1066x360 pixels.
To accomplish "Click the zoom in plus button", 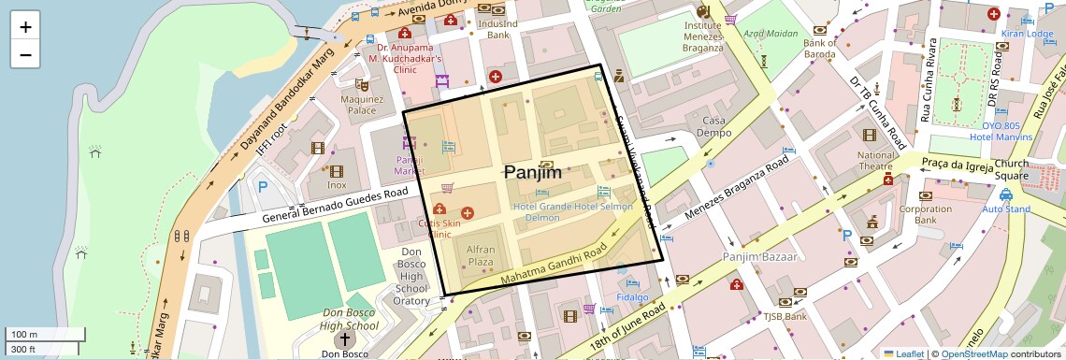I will click(25, 27).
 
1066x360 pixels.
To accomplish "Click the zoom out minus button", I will click(25, 55).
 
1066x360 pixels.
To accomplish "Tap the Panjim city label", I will click(533, 172).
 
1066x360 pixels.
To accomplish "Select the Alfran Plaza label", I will click(480, 256).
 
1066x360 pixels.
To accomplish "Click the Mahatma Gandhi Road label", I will click(554, 264).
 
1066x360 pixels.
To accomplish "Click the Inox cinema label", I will click(336, 185).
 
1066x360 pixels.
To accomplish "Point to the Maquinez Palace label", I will click(363, 104).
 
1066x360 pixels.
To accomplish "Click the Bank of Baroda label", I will click(819, 49).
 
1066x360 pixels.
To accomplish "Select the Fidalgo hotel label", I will click(632, 297).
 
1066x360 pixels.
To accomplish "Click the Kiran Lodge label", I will click(1027, 34).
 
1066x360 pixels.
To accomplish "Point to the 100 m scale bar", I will click(45, 335).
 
